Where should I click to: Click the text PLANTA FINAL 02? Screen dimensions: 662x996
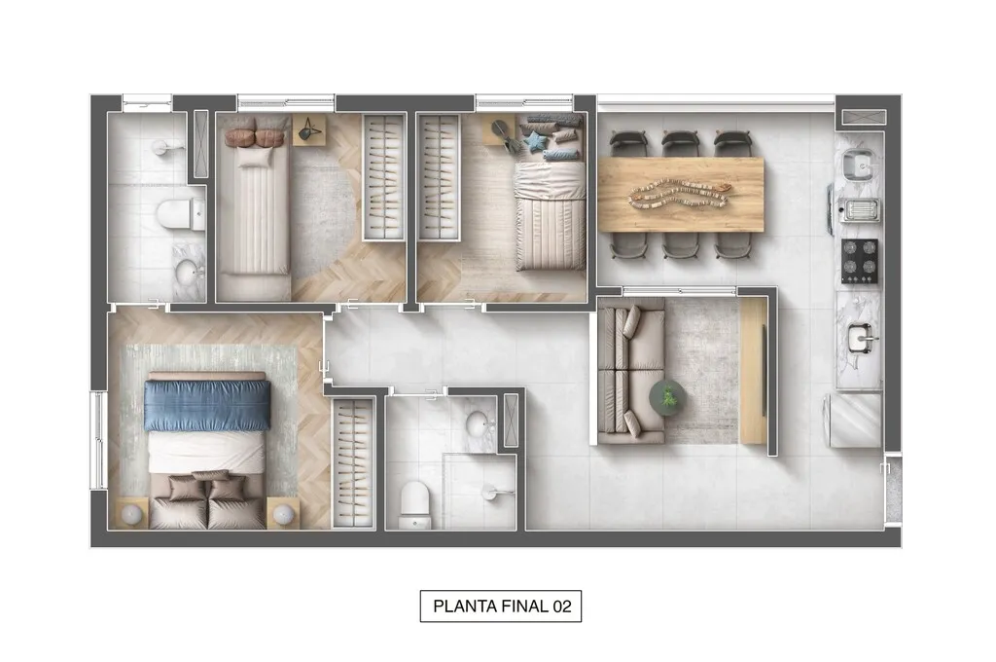click(501, 607)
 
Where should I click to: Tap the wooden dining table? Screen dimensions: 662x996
click(681, 194)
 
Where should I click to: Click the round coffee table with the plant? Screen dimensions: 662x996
click(667, 396)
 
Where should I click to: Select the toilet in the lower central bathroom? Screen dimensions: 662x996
click(415, 502)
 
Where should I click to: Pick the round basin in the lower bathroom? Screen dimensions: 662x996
click(480, 424)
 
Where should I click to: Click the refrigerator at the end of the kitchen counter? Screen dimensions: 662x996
click(855, 420)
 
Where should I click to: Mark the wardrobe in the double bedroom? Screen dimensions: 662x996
click(353, 462)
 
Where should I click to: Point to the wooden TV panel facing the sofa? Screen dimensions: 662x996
click(753, 369)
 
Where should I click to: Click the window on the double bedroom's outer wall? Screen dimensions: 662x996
click(98, 439)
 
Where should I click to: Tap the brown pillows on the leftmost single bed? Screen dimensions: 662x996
click(253, 133)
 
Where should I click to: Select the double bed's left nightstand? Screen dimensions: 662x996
click(129, 512)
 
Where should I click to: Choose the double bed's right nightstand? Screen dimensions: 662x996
click(283, 512)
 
